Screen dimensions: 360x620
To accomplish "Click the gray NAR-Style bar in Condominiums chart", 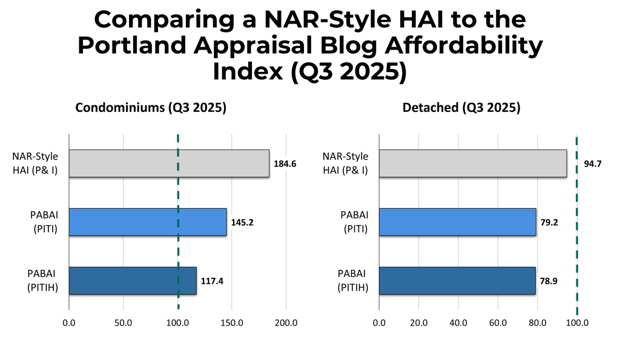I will [x=168, y=163].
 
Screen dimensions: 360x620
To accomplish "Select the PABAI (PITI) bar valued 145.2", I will [x=147, y=222].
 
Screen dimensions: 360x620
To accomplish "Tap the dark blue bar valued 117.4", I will [x=132, y=281].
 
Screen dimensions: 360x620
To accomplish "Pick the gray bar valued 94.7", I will [x=472, y=163].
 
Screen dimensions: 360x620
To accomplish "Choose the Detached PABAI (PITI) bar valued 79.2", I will [x=457, y=222].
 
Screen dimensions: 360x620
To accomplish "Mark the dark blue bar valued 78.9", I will [x=457, y=281].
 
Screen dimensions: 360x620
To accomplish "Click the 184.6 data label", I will [x=285, y=163].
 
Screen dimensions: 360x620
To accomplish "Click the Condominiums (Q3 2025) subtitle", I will [x=151, y=109].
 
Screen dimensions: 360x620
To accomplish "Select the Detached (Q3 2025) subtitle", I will [x=461, y=109].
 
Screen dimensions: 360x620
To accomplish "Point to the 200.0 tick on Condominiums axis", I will [x=286, y=323].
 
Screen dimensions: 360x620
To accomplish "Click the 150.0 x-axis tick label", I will [x=232, y=323].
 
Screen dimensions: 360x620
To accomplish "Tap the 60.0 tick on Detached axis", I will [x=498, y=323].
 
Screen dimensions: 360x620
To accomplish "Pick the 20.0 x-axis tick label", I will [x=418, y=323].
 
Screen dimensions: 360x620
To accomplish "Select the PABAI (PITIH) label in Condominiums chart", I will [x=42, y=281].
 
